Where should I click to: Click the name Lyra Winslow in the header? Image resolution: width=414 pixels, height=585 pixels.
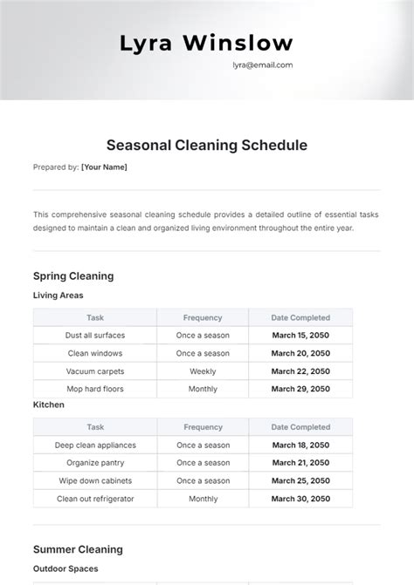(206, 44)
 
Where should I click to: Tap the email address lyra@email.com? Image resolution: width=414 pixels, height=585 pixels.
(262, 65)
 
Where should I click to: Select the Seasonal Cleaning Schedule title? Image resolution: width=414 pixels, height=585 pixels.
(207, 146)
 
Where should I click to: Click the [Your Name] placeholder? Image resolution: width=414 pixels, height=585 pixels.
(104, 167)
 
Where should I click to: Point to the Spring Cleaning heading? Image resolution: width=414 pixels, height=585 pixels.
(73, 276)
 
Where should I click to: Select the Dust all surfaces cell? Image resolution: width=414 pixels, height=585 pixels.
(95, 336)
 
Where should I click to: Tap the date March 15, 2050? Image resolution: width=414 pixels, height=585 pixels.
(300, 336)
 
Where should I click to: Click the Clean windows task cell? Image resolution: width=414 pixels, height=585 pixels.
(95, 353)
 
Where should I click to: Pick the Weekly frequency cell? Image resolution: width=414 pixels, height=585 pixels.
(203, 371)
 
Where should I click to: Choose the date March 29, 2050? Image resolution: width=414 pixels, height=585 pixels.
(300, 389)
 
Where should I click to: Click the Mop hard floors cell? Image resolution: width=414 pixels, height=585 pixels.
(95, 389)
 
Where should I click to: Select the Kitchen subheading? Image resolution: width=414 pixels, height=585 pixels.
(49, 405)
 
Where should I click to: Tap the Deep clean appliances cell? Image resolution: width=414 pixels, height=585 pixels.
(95, 445)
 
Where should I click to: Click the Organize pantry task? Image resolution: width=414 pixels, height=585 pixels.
(95, 463)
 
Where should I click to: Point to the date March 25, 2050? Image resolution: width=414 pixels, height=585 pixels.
(300, 480)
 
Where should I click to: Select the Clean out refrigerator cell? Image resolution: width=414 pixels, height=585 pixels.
(95, 499)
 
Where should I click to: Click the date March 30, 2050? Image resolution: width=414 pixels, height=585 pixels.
(300, 499)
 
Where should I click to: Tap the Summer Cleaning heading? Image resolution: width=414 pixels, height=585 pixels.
(78, 549)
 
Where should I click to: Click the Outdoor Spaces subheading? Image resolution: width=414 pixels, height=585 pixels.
(66, 568)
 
